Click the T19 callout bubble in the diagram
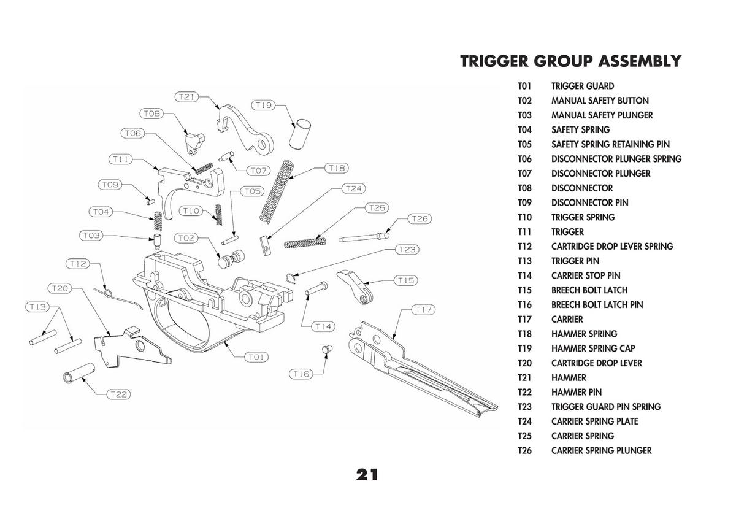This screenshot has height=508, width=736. (x=264, y=105)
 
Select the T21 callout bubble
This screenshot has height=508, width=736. (x=186, y=97)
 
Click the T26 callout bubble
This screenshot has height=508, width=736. (x=420, y=219)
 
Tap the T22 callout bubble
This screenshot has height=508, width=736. (x=118, y=394)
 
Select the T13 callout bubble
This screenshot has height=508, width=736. (x=38, y=307)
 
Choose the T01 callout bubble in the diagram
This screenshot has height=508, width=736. (x=256, y=356)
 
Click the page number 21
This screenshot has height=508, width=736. (x=366, y=474)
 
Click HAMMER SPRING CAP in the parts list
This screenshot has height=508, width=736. (x=592, y=348)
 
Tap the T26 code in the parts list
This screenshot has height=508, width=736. (x=524, y=450)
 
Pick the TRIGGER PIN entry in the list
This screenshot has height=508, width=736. (x=575, y=261)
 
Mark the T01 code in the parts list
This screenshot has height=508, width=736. (x=524, y=86)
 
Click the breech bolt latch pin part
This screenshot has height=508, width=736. (x=327, y=349)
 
